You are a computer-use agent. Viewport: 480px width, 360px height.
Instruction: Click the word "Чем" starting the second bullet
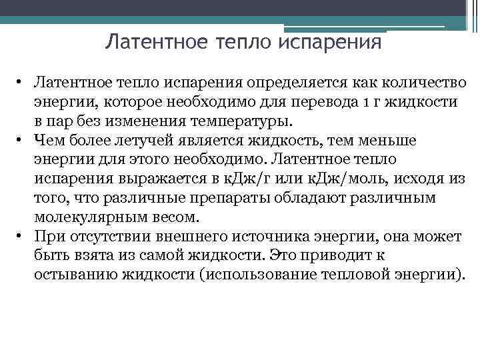point(47,141)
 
